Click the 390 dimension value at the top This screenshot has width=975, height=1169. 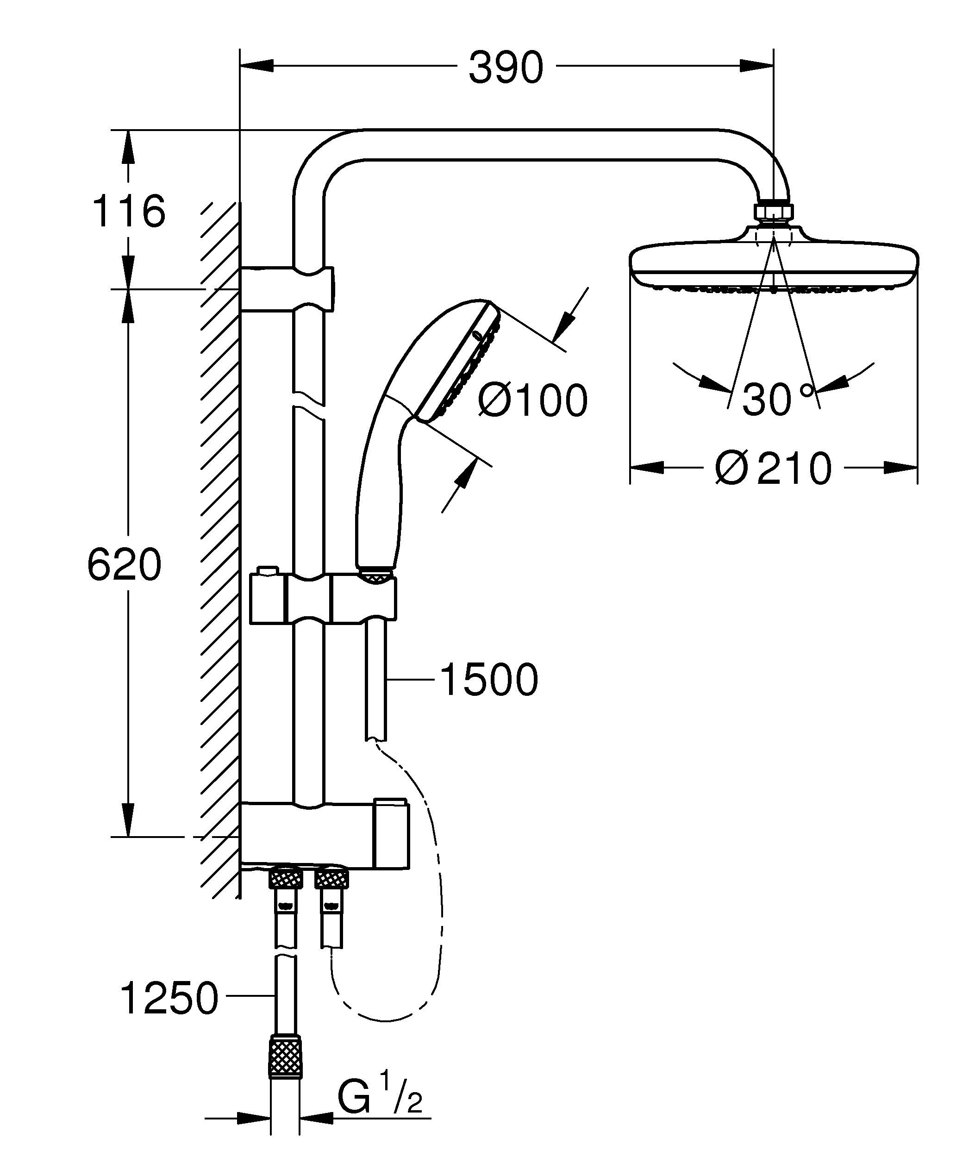point(505,68)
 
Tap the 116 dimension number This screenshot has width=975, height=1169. point(129,212)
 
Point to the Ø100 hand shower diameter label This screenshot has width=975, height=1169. point(532,400)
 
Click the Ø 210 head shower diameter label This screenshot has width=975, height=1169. point(774,468)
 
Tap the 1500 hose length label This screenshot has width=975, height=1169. point(488,680)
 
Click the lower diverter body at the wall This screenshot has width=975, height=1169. point(325,835)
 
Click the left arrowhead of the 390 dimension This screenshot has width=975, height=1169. point(257,66)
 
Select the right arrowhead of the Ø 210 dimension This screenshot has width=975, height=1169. point(900,467)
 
